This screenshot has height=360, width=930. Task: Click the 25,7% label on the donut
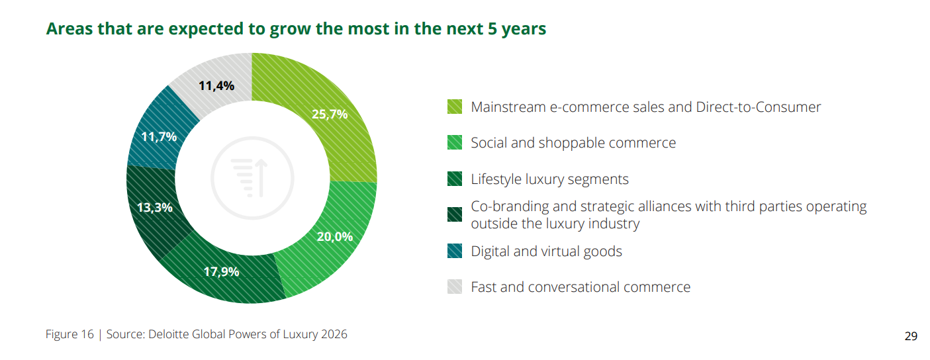[330, 114]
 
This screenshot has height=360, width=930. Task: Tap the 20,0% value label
[334, 236]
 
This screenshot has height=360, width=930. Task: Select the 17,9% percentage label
[221, 271]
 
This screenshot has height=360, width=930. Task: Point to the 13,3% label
[154, 207]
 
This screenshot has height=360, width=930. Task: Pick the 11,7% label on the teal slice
[159, 137]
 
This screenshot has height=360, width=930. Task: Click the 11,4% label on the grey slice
[216, 85]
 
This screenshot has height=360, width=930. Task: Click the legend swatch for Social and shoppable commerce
[455, 143]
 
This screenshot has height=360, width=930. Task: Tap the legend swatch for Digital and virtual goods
[455, 251]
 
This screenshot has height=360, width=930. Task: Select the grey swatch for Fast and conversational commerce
[455, 287]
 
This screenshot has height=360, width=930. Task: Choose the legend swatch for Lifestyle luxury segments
[455, 179]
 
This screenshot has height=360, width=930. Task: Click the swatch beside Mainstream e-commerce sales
[455, 107]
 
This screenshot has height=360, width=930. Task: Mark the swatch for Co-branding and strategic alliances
[455, 215]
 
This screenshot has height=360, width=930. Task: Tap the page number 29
[911, 336]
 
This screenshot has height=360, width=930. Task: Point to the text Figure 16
[70, 334]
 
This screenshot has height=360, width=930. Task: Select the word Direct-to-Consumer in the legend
[759, 107]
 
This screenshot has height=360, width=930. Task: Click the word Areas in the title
[68, 30]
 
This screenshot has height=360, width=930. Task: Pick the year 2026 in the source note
[333, 334]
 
